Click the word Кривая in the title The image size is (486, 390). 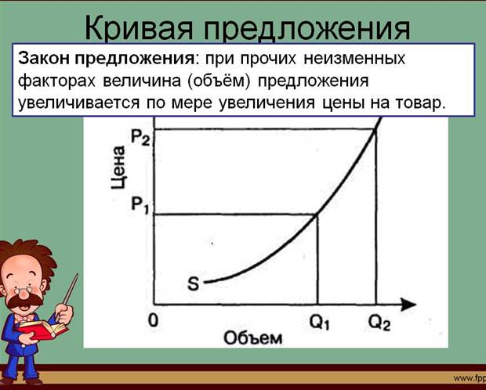pos(140,28)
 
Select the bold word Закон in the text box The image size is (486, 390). pos(44,59)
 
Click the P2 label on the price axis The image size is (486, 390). pos(140,137)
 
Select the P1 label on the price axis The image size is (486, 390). pos(140,205)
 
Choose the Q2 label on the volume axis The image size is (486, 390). pos(379,323)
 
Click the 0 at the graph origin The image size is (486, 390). pos(153,320)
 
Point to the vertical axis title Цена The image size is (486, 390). pos(118,167)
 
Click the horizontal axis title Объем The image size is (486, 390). pos(253,338)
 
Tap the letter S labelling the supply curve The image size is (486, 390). pos(194,283)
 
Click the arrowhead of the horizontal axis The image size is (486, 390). pos(408,305)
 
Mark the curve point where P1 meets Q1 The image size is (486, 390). pos(317,215)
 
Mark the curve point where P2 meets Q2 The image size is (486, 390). pos(375,130)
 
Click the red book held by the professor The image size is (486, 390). pos(42,329)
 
